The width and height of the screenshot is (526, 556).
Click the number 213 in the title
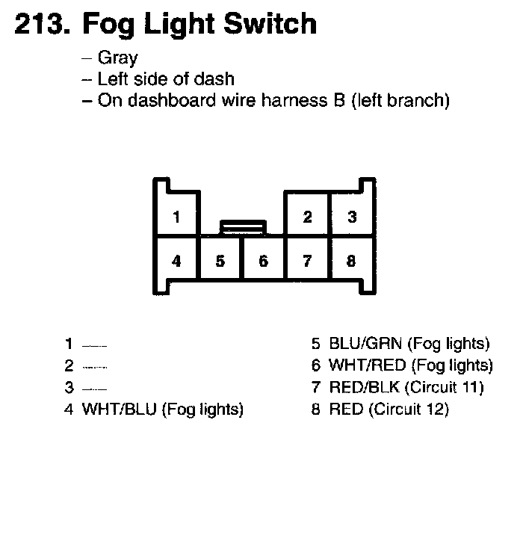40,24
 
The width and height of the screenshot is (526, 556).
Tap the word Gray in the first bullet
117,58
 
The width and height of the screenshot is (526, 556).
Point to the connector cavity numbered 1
176,217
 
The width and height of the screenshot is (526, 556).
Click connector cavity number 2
307,217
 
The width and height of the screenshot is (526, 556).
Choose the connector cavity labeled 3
351,217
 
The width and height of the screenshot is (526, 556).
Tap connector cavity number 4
176,262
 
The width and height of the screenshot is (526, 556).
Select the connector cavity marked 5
220,262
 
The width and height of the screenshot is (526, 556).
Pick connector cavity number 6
263,262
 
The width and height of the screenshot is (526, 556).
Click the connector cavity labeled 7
307,262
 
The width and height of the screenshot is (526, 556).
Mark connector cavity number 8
351,262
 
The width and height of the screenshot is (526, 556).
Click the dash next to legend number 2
95,367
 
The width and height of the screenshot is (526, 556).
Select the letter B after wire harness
338,101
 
